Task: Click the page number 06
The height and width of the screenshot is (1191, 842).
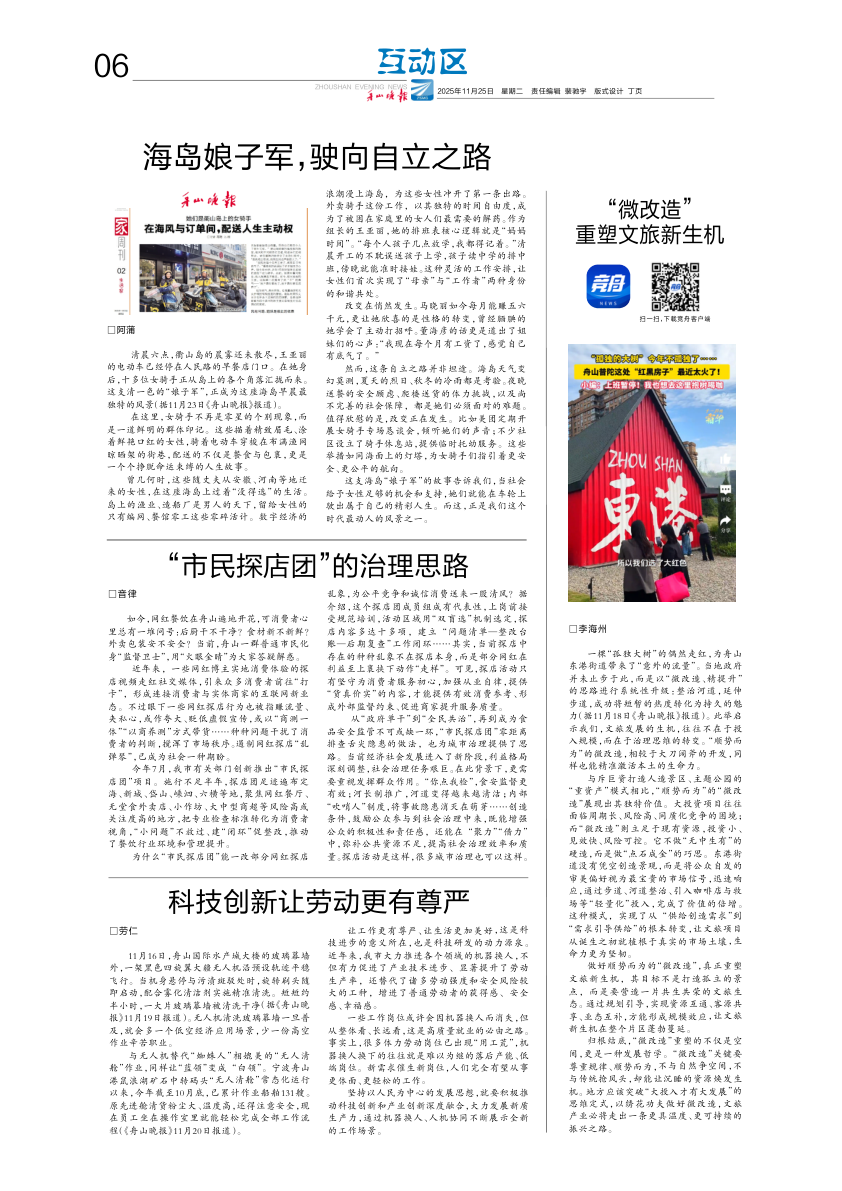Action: [112, 67]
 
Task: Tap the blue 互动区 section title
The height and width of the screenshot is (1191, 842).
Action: [422, 63]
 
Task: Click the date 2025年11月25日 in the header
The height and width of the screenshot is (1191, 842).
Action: [466, 92]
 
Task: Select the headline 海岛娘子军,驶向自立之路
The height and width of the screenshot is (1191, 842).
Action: [317, 157]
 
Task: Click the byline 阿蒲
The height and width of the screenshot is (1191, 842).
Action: [124, 329]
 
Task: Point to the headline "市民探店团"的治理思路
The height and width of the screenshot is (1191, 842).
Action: [317, 565]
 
